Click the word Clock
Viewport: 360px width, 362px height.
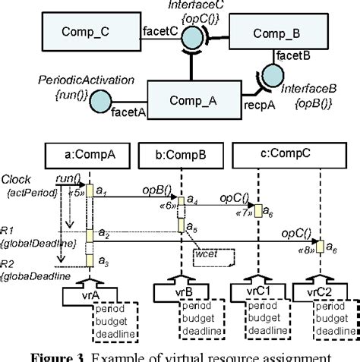coord(16,179)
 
